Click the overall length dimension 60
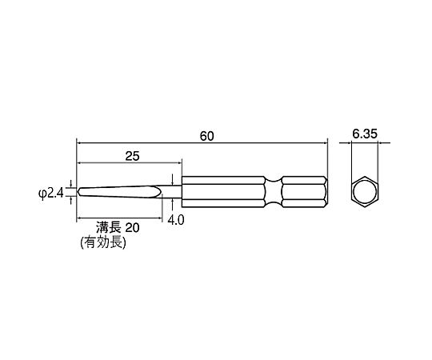pos(206,136)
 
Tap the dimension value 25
pos(133,156)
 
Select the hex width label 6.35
pos(365,134)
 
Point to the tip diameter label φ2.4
pos(51,193)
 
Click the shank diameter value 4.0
pos(176,220)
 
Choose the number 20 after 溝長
pos(133,228)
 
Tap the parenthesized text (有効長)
pos(103,243)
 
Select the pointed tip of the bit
pos(78,192)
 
